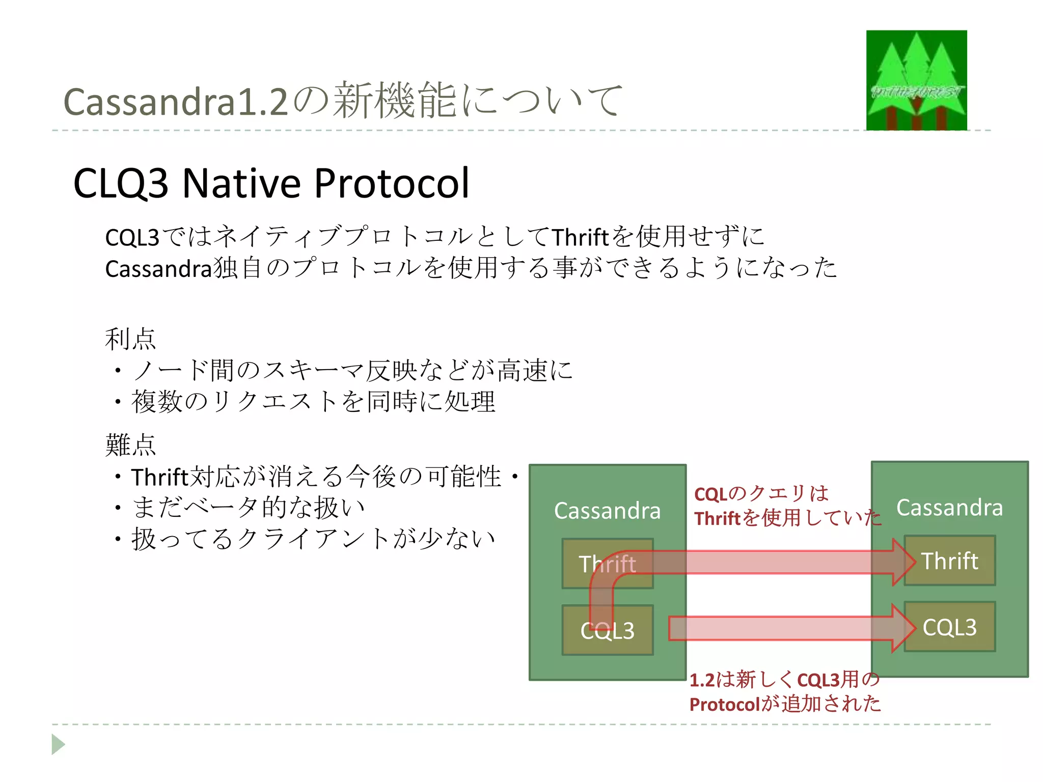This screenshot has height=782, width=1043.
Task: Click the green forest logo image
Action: (x=916, y=80)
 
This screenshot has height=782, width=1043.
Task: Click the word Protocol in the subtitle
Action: (x=392, y=183)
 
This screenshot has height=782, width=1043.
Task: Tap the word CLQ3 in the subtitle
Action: (x=121, y=183)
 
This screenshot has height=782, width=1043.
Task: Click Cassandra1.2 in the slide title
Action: (x=176, y=102)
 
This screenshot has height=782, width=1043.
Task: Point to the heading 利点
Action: (x=130, y=339)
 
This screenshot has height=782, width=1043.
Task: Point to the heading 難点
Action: (x=130, y=445)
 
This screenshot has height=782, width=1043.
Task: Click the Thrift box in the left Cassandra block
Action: (x=607, y=564)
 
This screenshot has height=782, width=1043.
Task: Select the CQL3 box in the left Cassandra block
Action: (x=607, y=630)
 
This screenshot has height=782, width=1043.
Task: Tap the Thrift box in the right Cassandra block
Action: (x=950, y=561)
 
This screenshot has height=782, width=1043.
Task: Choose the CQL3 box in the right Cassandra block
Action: (x=950, y=627)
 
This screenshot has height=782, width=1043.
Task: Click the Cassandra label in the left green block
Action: (x=607, y=511)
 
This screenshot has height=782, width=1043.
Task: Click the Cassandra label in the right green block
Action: (x=949, y=508)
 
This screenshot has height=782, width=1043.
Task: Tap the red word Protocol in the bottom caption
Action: (x=725, y=705)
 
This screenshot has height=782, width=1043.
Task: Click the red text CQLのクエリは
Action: (x=761, y=493)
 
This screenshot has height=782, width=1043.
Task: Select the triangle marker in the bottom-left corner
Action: (x=58, y=744)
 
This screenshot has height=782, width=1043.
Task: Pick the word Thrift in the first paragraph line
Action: (x=580, y=237)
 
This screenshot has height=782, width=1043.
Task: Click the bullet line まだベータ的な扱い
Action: (x=249, y=508)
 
